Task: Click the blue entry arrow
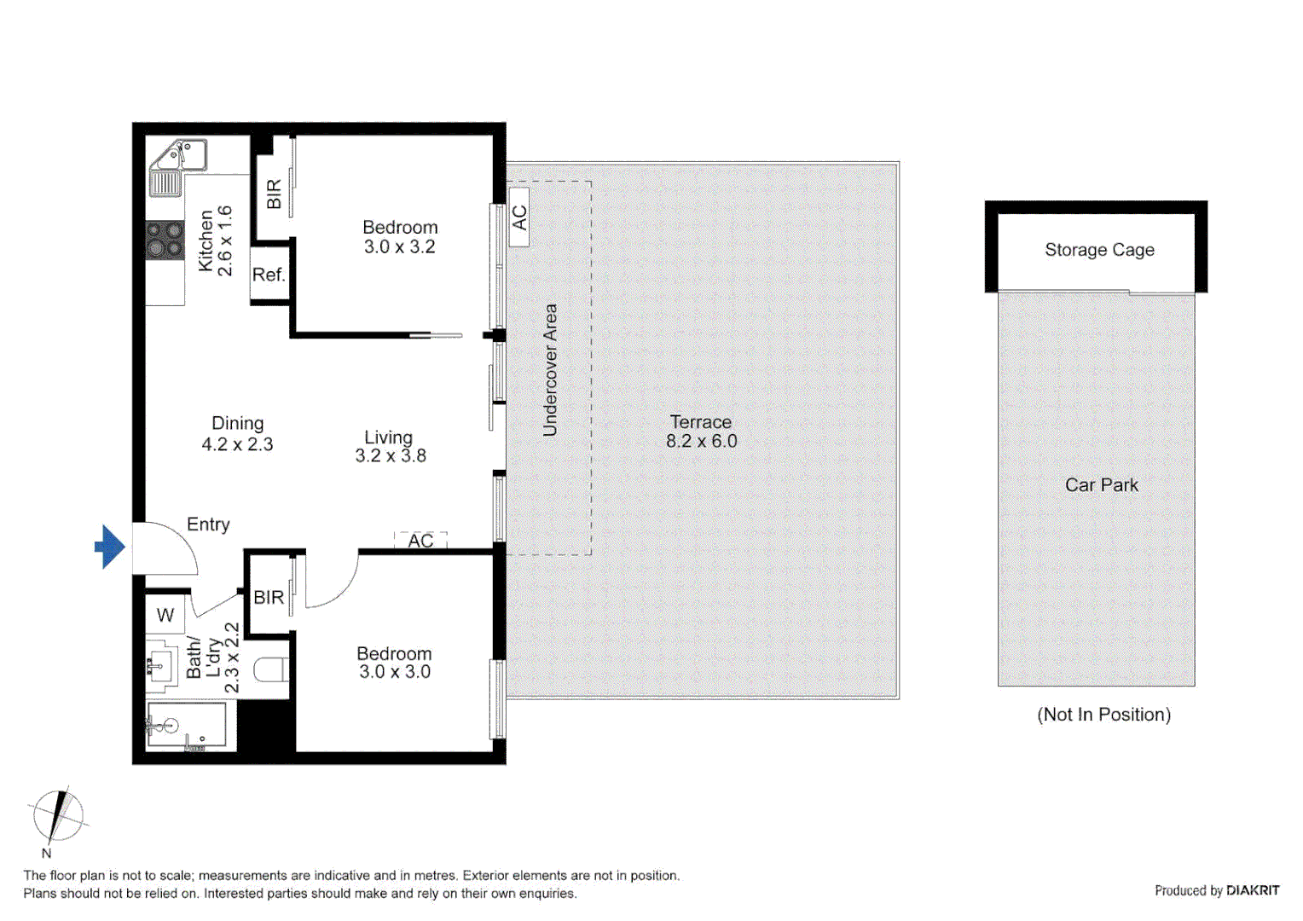[109, 547]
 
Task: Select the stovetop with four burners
[165, 240]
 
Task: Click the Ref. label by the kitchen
[269, 275]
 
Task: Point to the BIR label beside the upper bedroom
[274, 194]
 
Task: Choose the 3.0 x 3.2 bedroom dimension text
[399, 247]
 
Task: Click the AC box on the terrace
[518, 217]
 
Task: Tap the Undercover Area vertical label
[550, 370]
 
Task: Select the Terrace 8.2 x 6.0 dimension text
[701, 441]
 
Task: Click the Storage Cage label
[1099, 250]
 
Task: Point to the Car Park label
[1101, 485]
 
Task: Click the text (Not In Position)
[1103, 715]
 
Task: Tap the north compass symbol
[57, 817]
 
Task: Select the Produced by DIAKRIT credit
[1216, 890]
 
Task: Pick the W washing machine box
[165, 615]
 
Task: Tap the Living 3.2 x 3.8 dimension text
[391, 456]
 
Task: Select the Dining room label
[237, 424]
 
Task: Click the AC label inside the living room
[420, 541]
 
